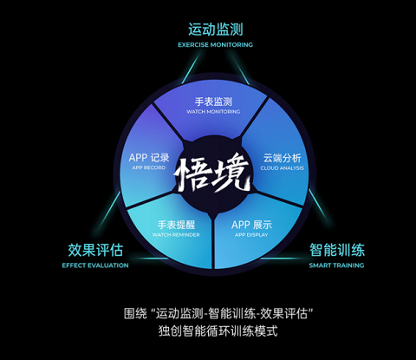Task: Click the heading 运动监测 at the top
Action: (x=216, y=29)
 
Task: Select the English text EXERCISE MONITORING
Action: (x=216, y=45)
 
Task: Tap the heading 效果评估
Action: (x=95, y=250)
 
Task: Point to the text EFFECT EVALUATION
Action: (x=95, y=265)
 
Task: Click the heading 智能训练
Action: (x=337, y=250)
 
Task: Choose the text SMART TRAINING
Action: (x=336, y=265)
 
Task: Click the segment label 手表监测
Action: (x=213, y=101)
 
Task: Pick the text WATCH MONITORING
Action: (x=213, y=112)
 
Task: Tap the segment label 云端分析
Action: (x=283, y=158)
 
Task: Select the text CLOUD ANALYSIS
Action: (x=283, y=168)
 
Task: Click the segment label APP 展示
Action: (x=251, y=225)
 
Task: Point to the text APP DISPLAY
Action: (x=251, y=235)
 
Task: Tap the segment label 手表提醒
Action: (x=176, y=225)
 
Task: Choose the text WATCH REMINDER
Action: (x=176, y=235)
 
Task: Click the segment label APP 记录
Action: (x=149, y=158)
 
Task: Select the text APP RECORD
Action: (x=149, y=167)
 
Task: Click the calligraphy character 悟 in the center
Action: (x=192, y=174)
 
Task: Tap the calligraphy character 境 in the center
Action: (x=231, y=173)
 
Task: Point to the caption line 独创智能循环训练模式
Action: (x=218, y=331)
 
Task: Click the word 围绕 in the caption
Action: (x=135, y=313)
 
